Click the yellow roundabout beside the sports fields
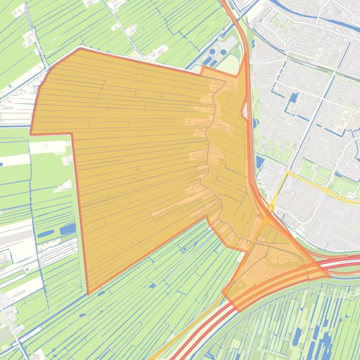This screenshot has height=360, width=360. coord(325,190)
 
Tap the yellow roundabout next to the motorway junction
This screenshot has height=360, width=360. coord(271,209)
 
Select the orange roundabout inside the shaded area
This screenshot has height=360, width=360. coord(265,220)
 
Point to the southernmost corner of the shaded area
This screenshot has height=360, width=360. coord(239,311)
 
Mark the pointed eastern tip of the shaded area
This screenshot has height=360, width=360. coord(330,276)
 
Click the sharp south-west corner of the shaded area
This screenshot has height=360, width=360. coord(88,294)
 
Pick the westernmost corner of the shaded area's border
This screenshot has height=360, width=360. coord(31,134)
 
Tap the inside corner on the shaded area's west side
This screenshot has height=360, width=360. coord(72,134)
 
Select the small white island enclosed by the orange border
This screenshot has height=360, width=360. coord(244,111)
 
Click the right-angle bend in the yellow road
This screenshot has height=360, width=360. coord(287,173)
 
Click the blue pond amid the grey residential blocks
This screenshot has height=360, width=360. coord(294,98)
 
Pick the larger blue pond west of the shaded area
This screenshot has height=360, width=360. coord(68,229)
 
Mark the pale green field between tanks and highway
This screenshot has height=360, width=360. coord(231,63)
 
